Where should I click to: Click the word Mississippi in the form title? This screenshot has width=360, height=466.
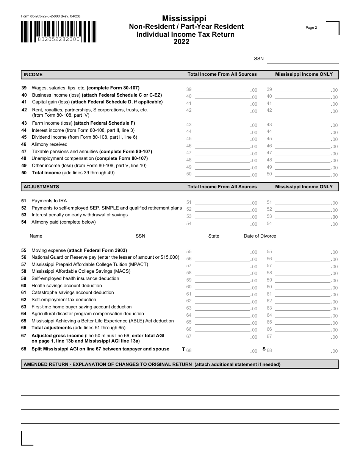coord(184,19)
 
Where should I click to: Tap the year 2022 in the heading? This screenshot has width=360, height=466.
coord(182,42)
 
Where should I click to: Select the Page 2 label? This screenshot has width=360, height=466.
coord(311,28)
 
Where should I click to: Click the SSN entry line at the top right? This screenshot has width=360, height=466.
coord(302,59)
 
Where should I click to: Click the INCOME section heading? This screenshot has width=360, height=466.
coord(33,75)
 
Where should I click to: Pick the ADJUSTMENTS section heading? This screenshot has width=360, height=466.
coord(41,187)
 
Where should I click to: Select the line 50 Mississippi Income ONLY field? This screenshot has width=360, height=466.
coord(302,174)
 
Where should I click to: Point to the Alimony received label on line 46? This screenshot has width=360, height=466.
coord(49,144)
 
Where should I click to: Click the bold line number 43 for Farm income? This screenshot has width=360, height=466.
coord(24,123)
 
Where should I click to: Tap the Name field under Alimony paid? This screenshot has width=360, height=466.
coord(86,236)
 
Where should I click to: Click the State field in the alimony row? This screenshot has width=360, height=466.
coord(229,236)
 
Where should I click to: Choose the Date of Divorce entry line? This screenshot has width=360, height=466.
coord(307,236)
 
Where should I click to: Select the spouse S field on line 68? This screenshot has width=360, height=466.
coord(302,350)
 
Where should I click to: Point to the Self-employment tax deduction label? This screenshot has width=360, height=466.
coord(58,300)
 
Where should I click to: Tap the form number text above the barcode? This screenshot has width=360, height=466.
coord(50,16)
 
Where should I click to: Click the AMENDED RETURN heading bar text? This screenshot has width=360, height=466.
coord(152,364)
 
